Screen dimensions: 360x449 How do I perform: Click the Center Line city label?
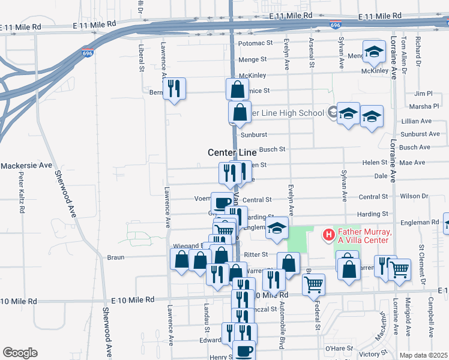tap(232, 153)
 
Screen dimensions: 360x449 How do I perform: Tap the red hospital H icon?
tap(328, 233)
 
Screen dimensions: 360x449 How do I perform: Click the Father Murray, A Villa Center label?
tap(364, 236)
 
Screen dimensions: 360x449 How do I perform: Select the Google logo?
tap(20, 353)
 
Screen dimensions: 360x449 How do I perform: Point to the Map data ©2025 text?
tap(424, 355)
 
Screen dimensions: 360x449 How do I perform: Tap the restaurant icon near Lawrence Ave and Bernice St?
tap(174, 89)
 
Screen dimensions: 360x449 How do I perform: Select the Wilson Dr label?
tap(414, 196)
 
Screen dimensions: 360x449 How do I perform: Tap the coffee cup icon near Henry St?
tap(244, 351)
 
